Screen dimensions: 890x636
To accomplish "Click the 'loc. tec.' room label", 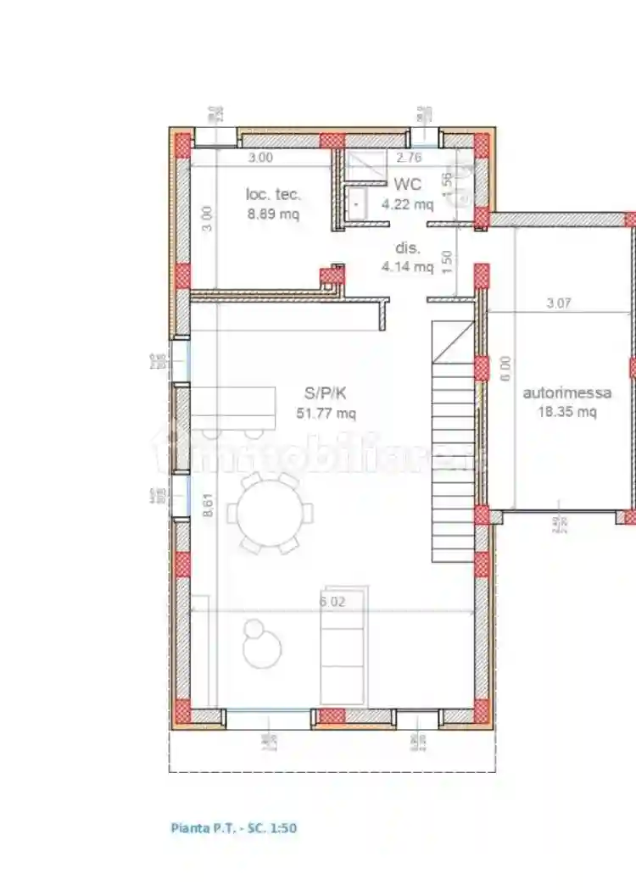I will point(273,194).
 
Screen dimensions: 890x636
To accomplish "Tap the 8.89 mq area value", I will point(273,214).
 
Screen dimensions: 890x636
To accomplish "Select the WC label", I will point(407,185).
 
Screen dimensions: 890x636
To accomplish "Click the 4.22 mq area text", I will point(407,203).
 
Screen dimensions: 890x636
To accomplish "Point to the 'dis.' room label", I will point(407,248).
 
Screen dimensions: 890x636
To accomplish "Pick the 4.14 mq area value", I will point(407,267).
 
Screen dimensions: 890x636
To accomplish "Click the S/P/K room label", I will point(326,393).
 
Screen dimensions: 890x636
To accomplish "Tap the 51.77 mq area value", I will point(326,414).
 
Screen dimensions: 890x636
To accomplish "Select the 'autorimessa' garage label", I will point(567,393).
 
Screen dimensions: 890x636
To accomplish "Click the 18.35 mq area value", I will point(567,413).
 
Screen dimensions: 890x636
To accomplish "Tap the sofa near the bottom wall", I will point(343,646).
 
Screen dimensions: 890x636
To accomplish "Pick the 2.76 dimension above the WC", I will point(410,157).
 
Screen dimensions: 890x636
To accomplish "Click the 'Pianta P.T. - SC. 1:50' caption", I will point(234,828).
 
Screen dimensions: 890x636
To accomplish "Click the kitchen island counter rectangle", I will point(234,408).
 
